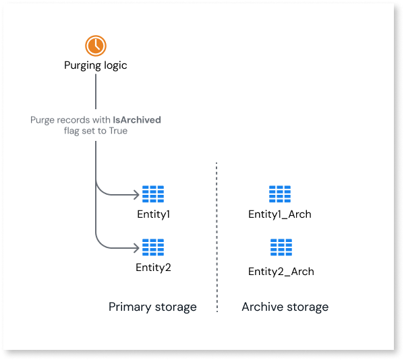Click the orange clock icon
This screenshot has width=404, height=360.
pyautogui.click(x=96, y=46)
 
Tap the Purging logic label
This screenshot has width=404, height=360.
pyautogui.click(x=95, y=65)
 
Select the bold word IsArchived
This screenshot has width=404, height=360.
pyautogui.click(x=137, y=120)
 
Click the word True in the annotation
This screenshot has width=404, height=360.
pyautogui.click(x=118, y=131)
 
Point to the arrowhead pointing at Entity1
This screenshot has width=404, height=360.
pyautogui.click(x=136, y=195)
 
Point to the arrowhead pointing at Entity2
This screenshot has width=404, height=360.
pyautogui.click(x=136, y=248)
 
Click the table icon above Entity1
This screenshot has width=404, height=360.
pyautogui.click(x=153, y=194)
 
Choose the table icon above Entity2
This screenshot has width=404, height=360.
pyautogui.click(x=153, y=247)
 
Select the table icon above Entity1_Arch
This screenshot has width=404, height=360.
pyautogui.click(x=280, y=194)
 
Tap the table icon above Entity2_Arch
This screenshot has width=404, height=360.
pyautogui.click(x=281, y=247)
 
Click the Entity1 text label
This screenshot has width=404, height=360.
pyautogui.click(x=153, y=214)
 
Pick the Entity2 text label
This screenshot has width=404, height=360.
pyautogui.click(x=153, y=268)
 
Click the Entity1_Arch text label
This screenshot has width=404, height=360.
pyautogui.click(x=280, y=214)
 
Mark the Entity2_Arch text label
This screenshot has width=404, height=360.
pyautogui.click(x=281, y=272)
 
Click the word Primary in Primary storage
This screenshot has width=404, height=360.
pyautogui.click(x=130, y=307)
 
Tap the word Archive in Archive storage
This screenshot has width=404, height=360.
pyautogui.click(x=262, y=307)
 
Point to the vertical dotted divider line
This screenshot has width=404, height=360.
pyautogui.click(x=217, y=237)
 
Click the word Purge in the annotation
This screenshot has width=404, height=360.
pyautogui.click(x=42, y=120)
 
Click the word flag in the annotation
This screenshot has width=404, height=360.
pyautogui.click(x=71, y=131)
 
